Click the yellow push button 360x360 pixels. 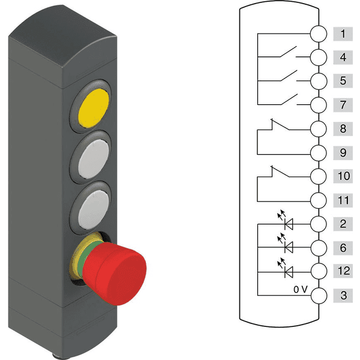coord(94,108)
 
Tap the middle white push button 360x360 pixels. coord(94,159)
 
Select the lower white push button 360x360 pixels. coord(94,209)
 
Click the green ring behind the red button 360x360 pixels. coord(81,257)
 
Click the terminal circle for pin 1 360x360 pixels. coord(319,34)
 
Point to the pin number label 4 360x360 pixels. coord(343,57)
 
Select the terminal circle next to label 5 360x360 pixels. coord(319,81)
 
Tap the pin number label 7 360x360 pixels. coord(343,105)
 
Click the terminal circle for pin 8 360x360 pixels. coord(319,129)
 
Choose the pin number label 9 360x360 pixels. coord(343,152)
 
